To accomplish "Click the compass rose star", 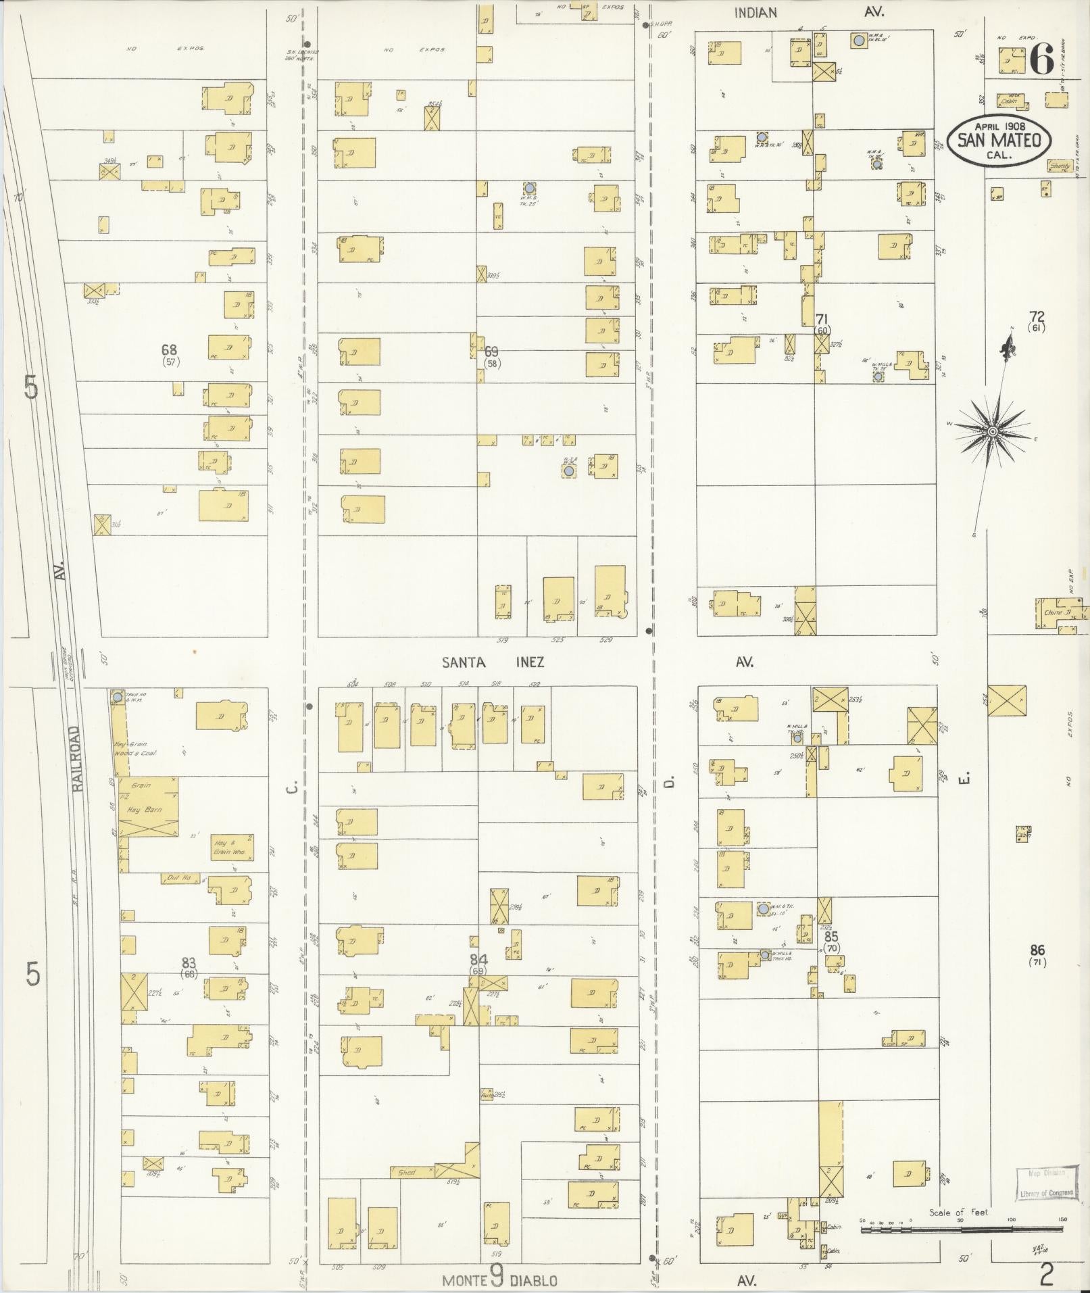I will [992, 431].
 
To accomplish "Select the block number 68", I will [169, 349].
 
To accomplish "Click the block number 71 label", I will [822, 318].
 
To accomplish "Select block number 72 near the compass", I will [1036, 316].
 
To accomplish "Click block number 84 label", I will [478, 958].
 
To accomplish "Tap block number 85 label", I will [831, 937].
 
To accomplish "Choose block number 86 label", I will [1037, 950].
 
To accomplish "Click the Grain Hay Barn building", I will [149, 807].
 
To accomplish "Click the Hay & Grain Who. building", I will [232, 847].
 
